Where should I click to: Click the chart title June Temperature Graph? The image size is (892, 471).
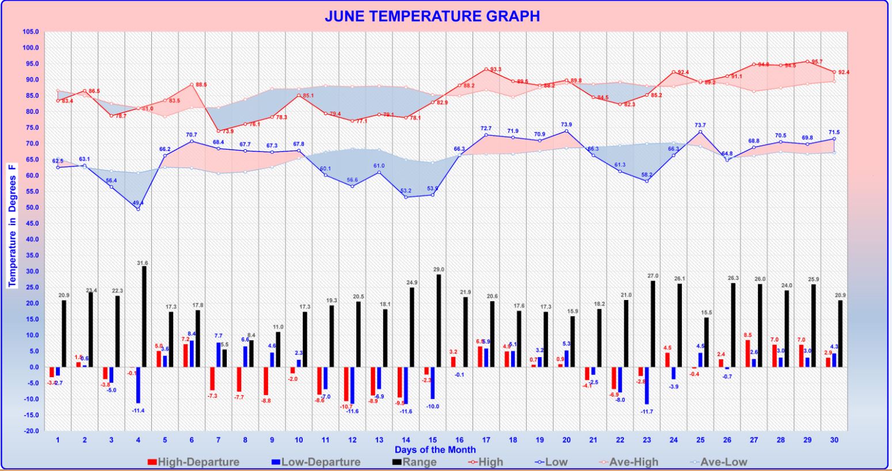[x=432, y=16]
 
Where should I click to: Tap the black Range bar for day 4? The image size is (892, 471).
[x=144, y=317]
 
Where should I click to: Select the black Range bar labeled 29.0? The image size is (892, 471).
[x=439, y=321]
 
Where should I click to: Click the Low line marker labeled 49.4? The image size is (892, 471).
[x=138, y=209]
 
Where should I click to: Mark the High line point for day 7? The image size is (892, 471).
[x=218, y=131]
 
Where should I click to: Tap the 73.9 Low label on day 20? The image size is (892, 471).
[x=566, y=124]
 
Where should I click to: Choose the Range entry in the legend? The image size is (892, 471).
[x=414, y=462]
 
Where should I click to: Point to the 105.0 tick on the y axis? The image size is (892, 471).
[x=30, y=32]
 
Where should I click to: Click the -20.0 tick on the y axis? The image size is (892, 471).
[x=30, y=431]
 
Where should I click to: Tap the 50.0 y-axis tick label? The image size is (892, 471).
[x=31, y=207]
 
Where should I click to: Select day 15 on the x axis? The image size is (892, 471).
[x=432, y=440]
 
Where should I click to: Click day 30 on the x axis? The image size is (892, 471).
[x=834, y=440]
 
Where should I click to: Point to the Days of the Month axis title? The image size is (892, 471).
[x=435, y=450]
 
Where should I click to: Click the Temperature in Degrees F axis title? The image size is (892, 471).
[x=13, y=225]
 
